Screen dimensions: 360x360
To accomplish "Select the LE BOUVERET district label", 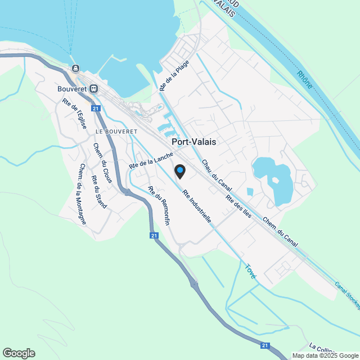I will pyautogui.click(x=116, y=130).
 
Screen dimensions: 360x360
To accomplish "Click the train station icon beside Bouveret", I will pyautogui.click(x=94, y=88).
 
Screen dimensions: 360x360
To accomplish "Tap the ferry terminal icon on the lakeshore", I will pyautogui.click(x=75, y=69).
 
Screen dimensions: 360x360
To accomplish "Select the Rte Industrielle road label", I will pyautogui.click(x=197, y=206).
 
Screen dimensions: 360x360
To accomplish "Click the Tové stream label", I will pyautogui.click(x=250, y=272).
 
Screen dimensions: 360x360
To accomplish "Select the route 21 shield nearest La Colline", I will pyautogui.click(x=265, y=346).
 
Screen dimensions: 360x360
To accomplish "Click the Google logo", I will pyautogui.click(x=18, y=353).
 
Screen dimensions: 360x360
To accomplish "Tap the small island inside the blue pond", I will pyautogui.click(x=275, y=182).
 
